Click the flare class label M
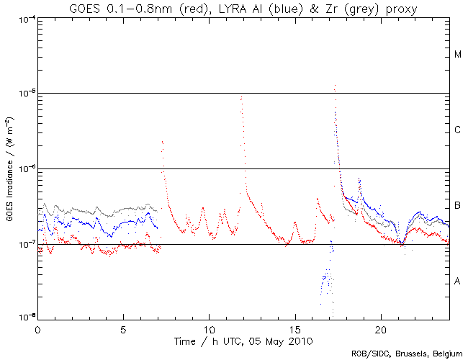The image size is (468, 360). click(458, 55)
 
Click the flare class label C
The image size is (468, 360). click(458, 130)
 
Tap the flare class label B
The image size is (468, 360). click(458, 207)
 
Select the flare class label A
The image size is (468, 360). click(458, 282)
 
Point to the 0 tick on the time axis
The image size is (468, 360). click(37, 327)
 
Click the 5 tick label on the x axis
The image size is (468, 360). click(123, 327)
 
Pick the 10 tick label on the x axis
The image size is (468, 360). click(209, 327)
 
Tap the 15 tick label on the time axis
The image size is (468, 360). click(294, 327)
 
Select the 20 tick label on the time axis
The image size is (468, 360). click(380, 327)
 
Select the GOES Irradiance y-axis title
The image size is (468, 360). click(10, 170)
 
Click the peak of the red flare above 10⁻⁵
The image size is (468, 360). click(335, 85)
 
